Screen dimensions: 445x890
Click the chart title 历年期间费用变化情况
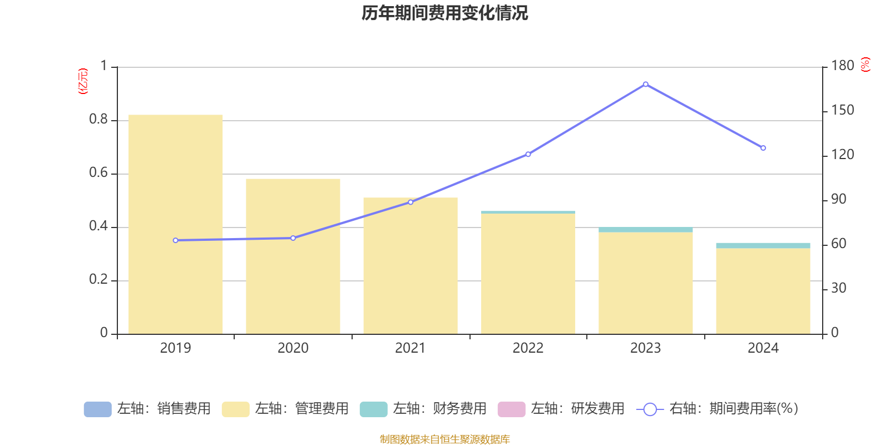point(444,13)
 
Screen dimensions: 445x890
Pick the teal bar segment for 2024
point(763,245)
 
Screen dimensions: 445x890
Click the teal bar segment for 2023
point(645,230)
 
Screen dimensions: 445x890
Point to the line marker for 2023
point(645,85)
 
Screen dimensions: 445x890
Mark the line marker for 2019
point(176,240)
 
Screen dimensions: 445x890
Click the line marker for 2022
point(528,154)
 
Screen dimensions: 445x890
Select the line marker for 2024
point(763,148)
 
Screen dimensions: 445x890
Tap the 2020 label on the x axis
point(293,348)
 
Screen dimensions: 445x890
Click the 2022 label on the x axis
point(528,348)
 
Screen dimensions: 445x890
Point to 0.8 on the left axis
point(98,120)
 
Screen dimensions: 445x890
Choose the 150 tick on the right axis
point(842,111)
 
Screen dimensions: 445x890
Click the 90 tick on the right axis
point(838,200)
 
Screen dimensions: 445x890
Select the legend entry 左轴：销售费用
point(147,409)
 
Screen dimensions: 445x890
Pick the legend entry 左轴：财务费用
point(423,409)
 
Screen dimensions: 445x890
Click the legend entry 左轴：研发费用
point(561,409)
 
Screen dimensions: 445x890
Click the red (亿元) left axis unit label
point(83,81)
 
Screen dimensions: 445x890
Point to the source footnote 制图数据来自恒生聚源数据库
point(444,439)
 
